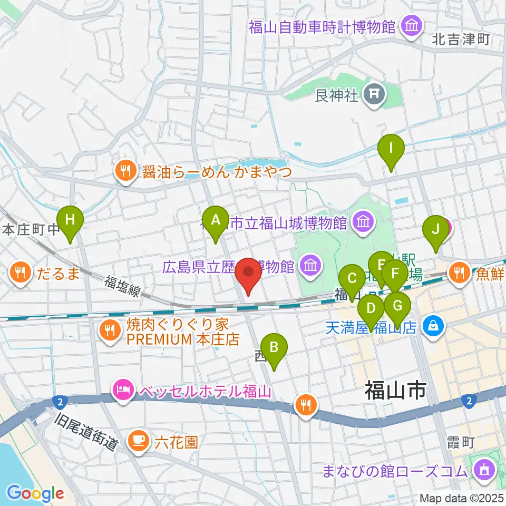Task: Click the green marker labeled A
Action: tap(215, 221)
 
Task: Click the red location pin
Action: tap(248, 274)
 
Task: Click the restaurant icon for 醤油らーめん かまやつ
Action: tap(125, 171)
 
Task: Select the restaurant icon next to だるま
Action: tap(20, 273)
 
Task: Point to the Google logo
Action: tap(36, 493)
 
